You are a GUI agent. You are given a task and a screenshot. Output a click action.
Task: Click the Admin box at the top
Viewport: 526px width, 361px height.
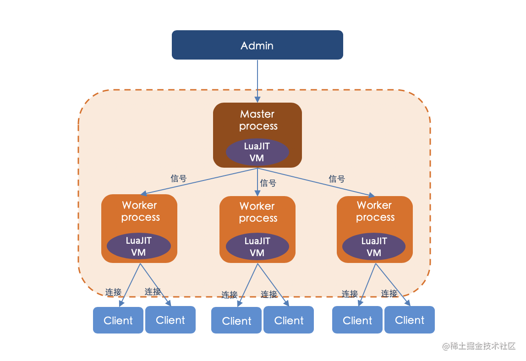coord(258,45)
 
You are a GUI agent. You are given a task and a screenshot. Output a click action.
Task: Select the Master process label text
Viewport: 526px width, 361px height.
coord(258,120)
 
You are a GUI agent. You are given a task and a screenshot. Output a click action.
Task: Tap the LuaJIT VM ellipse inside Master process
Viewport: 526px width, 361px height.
coord(258,152)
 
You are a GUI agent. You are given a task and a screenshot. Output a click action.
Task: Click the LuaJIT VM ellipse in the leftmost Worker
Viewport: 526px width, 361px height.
coord(138,246)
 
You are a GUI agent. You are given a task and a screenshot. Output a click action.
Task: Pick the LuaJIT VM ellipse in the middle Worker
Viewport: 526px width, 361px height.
coord(258,246)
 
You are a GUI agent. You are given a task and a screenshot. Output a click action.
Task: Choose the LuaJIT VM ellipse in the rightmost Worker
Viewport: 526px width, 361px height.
coord(374,246)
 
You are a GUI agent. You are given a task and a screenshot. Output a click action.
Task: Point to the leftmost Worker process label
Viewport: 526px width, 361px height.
coord(140,211)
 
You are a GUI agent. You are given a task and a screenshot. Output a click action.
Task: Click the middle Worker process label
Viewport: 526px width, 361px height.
coord(258,212)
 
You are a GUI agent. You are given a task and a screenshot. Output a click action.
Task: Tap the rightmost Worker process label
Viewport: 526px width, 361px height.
coord(375,211)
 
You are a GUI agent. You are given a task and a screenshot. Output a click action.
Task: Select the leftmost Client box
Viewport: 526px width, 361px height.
coord(118,320)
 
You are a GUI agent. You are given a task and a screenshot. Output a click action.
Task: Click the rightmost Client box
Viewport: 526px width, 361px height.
coord(410,320)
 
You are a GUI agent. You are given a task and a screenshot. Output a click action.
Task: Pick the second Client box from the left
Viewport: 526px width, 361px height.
coord(170,320)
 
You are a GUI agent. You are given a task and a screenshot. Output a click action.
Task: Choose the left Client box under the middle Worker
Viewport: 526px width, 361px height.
coord(236,320)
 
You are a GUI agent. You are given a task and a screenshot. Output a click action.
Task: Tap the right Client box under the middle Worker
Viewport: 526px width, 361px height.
coord(289,320)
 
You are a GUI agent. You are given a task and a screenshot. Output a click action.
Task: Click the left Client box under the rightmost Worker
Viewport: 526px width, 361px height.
coord(357,320)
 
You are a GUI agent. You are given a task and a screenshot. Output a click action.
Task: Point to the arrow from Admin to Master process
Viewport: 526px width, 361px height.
coord(258,81)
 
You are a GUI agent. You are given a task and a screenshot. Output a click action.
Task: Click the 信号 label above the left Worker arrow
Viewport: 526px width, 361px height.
coord(179,178)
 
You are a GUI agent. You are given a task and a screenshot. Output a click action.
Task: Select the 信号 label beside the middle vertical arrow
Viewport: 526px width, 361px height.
coord(268,183)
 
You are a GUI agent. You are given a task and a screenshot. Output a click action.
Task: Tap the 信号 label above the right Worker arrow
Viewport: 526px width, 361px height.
coord(337,179)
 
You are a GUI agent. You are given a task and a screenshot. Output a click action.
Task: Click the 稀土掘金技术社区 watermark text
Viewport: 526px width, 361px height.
coord(483,346)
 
